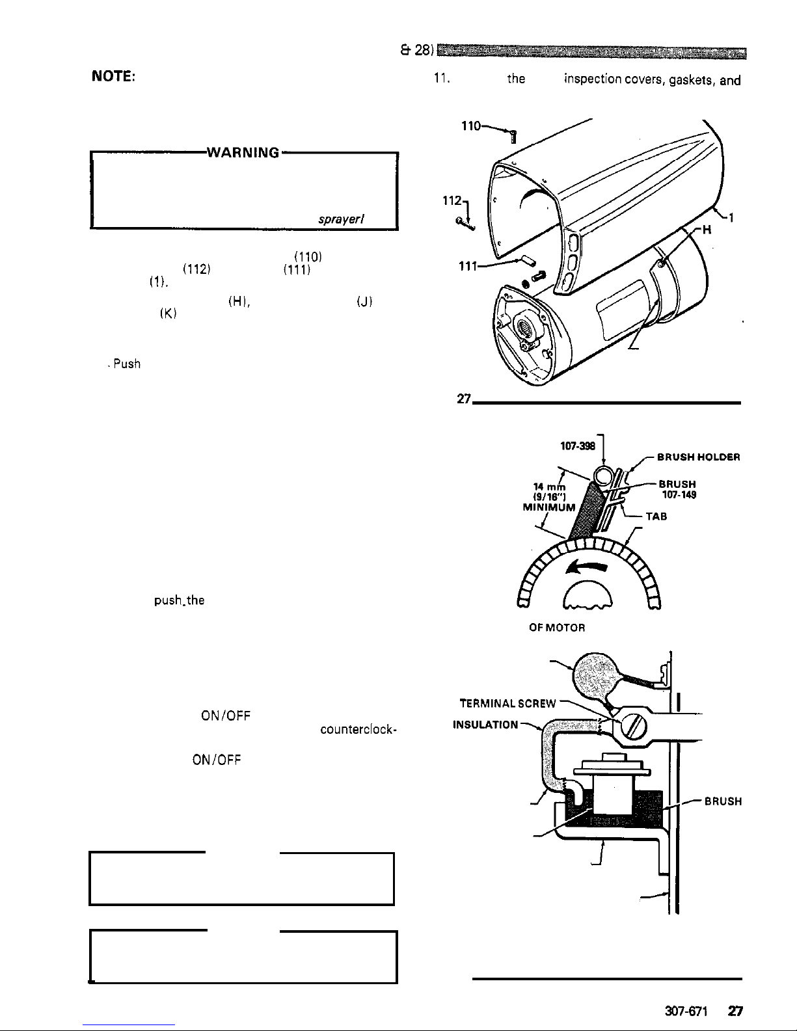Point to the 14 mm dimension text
tap(547, 487)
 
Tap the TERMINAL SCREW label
tap(508, 703)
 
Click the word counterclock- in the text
tap(357, 730)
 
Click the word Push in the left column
tap(126, 364)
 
